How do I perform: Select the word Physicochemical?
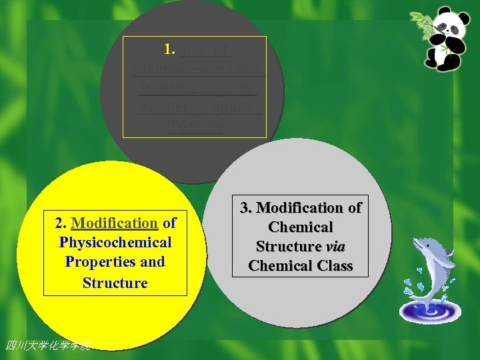[x=115, y=242]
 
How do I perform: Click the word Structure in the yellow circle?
[x=115, y=283]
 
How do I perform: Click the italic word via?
[x=336, y=247]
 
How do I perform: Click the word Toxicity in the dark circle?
[x=195, y=126]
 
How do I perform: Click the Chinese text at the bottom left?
[x=47, y=345]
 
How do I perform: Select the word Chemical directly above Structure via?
[x=300, y=227]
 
